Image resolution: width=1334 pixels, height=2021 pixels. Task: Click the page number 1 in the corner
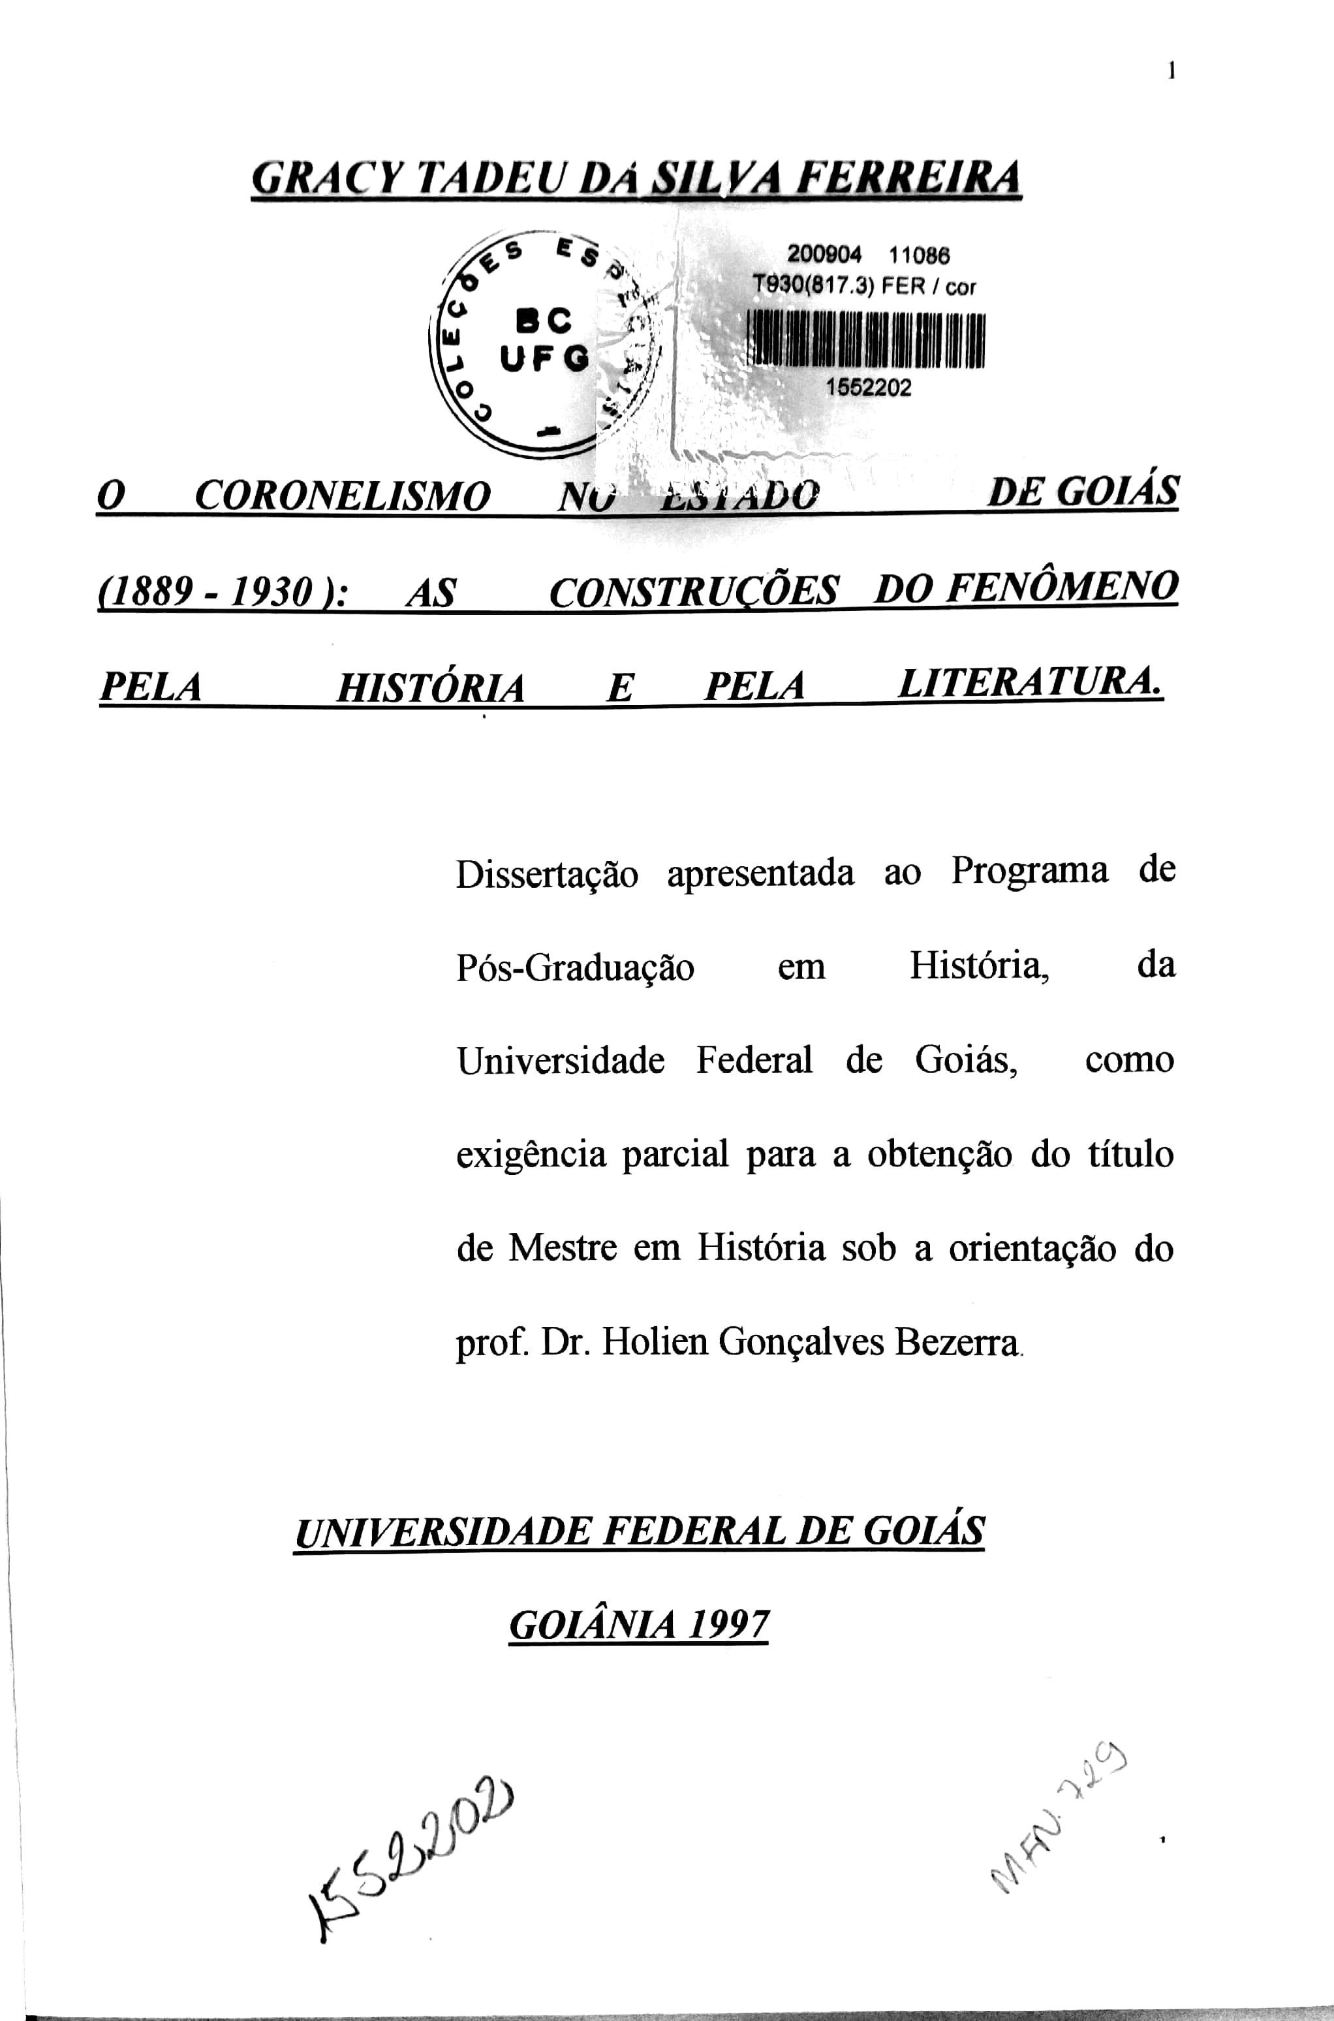(1171, 72)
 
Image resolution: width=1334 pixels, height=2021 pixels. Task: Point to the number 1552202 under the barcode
(868, 388)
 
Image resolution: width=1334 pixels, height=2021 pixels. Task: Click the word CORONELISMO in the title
(342, 496)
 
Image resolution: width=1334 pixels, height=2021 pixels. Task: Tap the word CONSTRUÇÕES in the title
(693, 591)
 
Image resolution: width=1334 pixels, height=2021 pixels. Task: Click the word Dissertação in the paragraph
(546, 875)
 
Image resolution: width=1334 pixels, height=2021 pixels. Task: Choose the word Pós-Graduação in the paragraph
(575, 968)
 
